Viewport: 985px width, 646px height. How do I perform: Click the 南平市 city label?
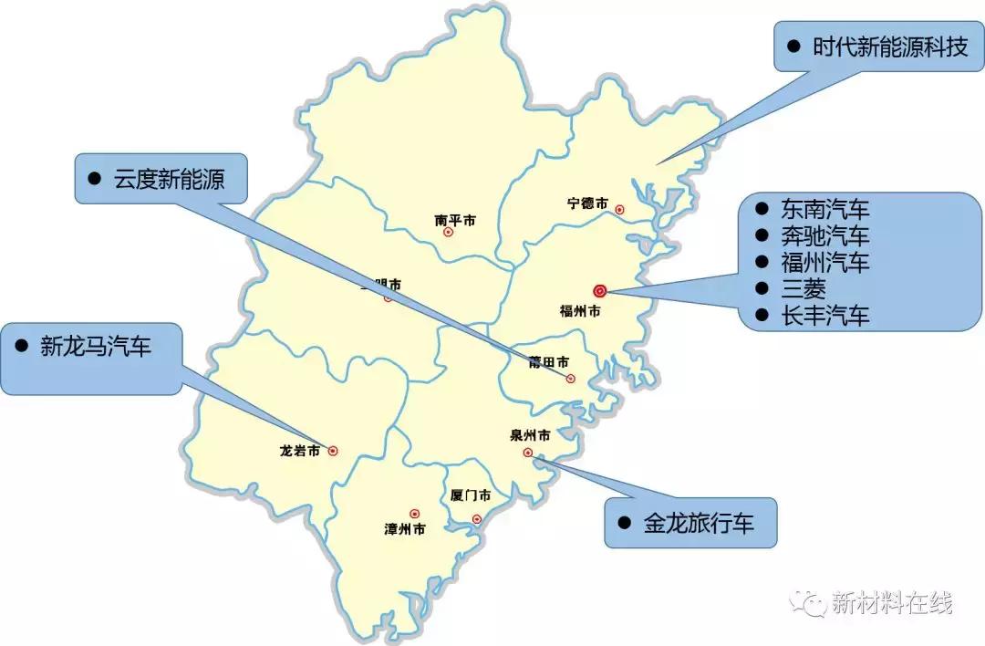[x=454, y=220]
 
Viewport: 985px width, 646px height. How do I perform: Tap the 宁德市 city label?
[x=586, y=203]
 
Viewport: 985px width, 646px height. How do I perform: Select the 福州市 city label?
[x=580, y=311]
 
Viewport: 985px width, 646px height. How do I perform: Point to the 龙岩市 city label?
[x=300, y=451]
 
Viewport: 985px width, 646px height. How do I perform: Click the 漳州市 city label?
[x=404, y=528]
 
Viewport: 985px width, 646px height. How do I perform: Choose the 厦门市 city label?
[x=471, y=495]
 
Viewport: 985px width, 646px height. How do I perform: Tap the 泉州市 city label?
[x=530, y=435]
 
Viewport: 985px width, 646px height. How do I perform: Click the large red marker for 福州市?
[x=599, y=291]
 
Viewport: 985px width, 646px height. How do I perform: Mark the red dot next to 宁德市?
[x=619, y=209]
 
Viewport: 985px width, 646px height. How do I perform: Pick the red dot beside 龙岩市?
[x=333, y=450]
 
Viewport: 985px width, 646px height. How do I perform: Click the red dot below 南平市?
[x=448, y=232]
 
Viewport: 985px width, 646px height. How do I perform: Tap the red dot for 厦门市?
[x=476, y=519]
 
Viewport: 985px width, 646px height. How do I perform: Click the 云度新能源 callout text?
[x=169, y=179]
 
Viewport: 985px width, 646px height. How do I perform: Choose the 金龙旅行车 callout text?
[x=699, y=524]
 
